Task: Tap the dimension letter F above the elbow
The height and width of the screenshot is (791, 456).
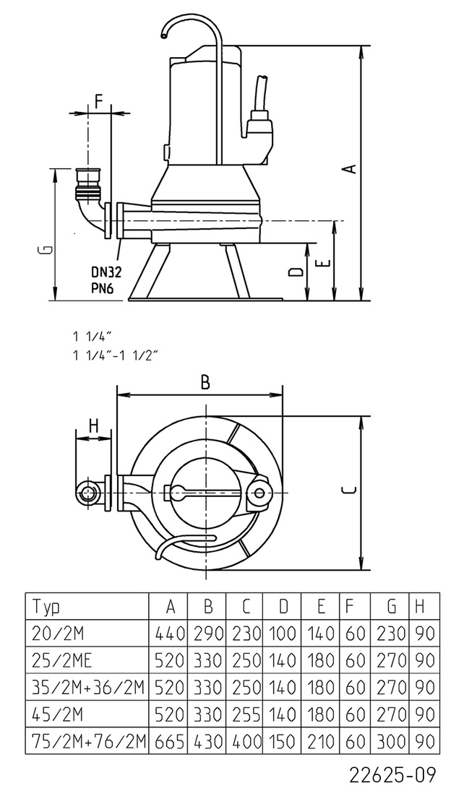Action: coord(99,100)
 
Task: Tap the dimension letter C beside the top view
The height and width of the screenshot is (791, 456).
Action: coord(348,492)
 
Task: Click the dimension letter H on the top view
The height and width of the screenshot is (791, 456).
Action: coord(93,425)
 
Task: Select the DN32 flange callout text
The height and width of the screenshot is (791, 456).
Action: coord(106,272)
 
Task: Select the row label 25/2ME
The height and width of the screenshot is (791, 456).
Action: coord(59,660)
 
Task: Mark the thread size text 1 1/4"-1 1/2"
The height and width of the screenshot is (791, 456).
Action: coord(115,355)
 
